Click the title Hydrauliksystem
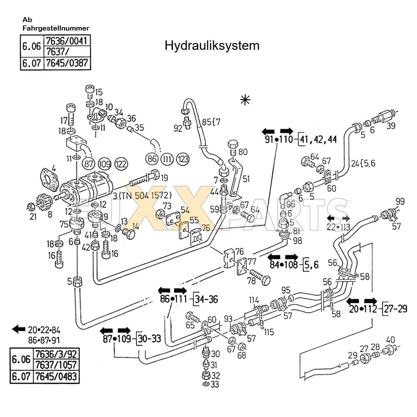tap(212, 46)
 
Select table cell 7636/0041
tap(67, 41)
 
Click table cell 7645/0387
tap(67, 63)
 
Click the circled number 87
tap(89, 164)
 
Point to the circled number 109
tap(105, 164)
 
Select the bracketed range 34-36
tap(206, 299)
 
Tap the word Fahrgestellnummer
tap(56, 28)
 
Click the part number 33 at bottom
tap(215, 384)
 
